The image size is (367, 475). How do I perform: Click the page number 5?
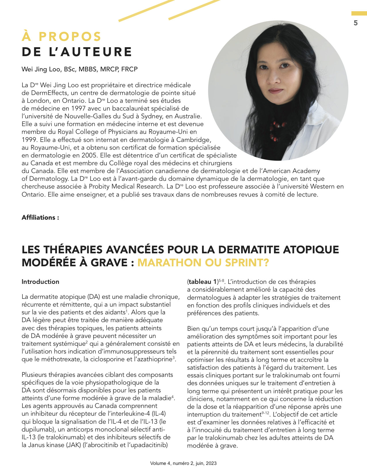[355, 23]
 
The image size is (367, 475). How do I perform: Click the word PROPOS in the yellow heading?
[70, 37]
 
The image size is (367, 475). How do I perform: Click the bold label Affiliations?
[39, 218]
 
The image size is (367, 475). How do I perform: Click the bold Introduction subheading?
[40, 282]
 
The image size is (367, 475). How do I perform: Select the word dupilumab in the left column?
[36, 430]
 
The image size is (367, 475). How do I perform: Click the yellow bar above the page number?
[359, 14]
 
